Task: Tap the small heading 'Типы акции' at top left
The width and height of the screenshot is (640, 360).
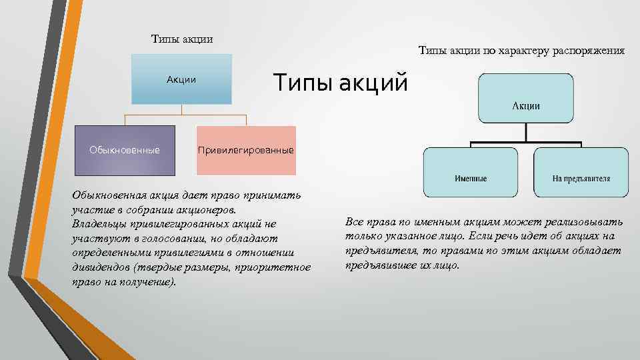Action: click(182, 39)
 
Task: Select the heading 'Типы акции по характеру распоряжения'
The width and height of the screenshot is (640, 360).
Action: click(521, 50)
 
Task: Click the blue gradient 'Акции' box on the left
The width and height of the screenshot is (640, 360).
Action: click(181, 79)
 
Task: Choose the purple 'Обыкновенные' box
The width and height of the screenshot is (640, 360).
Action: click(125, 149)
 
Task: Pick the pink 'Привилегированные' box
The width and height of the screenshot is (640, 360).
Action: click(246, 149)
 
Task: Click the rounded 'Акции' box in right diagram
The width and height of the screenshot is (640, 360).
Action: click(526, 98)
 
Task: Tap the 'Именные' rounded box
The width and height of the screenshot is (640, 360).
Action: click(471, 173)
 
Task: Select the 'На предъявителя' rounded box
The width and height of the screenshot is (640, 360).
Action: click(581, 173)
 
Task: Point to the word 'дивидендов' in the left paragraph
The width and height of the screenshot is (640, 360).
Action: click(101, 268)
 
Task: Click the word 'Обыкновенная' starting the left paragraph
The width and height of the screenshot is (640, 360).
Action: click(108, 195)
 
